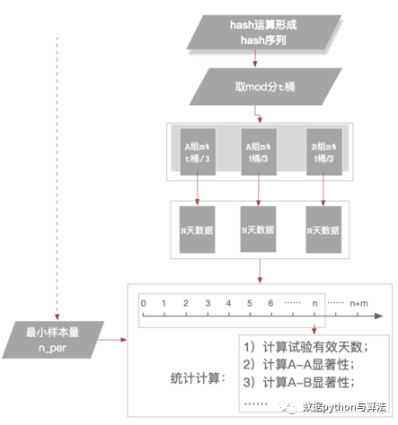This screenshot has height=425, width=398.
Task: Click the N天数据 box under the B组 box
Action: (323, 229)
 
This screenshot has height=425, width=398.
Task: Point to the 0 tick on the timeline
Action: (142, 303)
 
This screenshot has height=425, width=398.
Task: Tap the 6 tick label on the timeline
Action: (270, 303)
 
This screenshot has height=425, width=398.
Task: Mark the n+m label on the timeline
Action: (358, 303)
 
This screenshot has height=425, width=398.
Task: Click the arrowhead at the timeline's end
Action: (380, 316)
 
